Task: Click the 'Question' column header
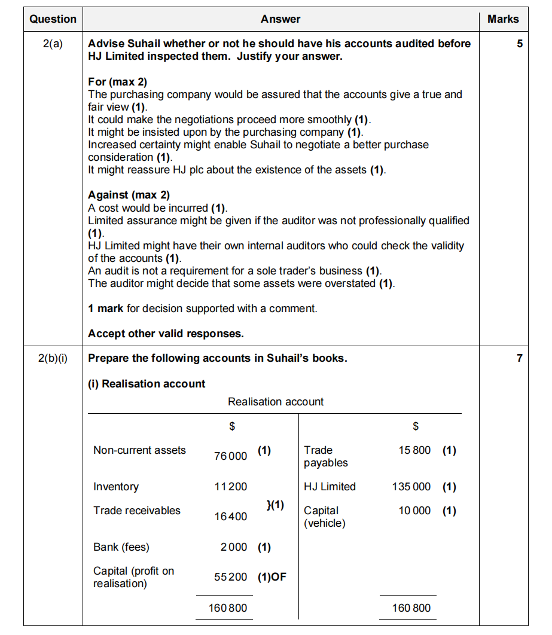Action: (x=53, y=19)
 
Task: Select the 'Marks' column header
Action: (x=503, y=19)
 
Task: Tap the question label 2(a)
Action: (x=53, y=44)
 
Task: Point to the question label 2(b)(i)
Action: (x=53, y=359)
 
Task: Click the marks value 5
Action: (x=520, y=44)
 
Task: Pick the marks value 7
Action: (x=520, y=359)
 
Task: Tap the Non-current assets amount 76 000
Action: (x=230, y=456)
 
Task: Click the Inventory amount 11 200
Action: (x=230, y=487)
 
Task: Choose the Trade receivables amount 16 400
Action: (x=230, y=517)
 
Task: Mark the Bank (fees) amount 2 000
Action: (x=233, y=547)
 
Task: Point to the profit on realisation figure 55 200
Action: (x=230, y=577)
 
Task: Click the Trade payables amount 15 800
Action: (x=414, y=450)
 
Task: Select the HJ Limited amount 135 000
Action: (x=411, y=487)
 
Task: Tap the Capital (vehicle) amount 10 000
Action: (x=414, y=511)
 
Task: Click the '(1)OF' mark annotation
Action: (x=272, y=577)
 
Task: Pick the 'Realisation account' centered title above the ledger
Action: (x=276, y=402)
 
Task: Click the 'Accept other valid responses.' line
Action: (x=166, y=334)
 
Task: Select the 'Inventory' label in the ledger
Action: (x=116, y=487)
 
